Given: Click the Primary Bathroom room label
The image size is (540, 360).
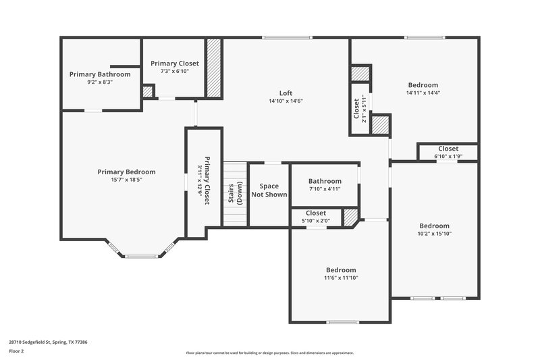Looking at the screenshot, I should click(100, 74).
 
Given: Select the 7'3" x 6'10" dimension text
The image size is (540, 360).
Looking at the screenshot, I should click(175, 71).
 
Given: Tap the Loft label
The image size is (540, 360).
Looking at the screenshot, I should click(286, 93).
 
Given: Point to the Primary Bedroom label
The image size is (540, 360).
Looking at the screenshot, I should click(126, 172).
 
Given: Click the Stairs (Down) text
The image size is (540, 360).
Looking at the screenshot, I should click(235, 192).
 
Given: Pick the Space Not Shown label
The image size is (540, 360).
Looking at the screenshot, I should click(269, 190).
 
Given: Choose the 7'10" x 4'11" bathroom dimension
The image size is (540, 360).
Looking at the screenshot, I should click(325, 189).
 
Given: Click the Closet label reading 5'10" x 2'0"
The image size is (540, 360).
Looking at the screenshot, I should click(316, 213).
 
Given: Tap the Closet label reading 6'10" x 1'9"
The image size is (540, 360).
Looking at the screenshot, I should click(448, 149).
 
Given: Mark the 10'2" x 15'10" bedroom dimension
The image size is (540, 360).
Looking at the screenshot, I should click(435, 234).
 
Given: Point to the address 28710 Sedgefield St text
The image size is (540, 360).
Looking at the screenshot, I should click(48, 342).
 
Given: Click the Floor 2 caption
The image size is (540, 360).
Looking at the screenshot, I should click(17, 351).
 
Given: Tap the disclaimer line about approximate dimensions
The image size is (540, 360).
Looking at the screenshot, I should click(270, 353).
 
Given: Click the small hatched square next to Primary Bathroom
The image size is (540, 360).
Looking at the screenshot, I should click(148, 91).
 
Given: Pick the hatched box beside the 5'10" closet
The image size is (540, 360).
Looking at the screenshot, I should click(350, 217).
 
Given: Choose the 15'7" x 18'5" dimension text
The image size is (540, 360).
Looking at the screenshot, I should click(126, 180).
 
